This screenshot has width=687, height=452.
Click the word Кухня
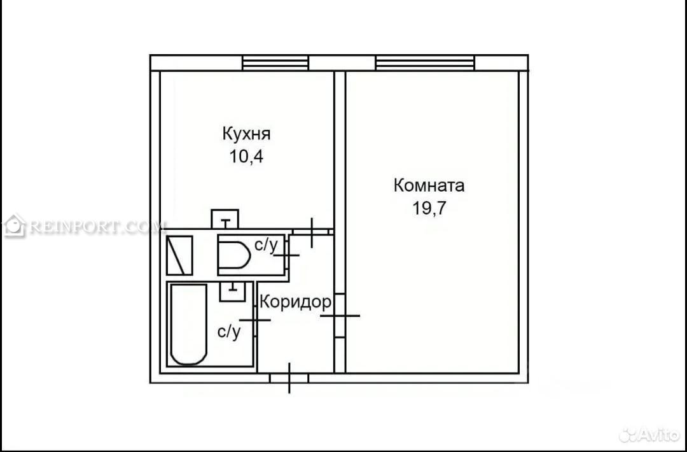246,134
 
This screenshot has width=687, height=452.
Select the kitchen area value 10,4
246,157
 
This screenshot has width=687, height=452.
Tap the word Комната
429,185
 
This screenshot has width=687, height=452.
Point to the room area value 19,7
429,208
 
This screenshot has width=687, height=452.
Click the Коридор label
295,302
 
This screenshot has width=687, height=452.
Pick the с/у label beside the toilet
266,246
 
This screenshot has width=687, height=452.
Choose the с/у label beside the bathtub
229,332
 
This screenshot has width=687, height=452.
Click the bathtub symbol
188,325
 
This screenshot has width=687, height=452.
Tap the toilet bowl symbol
235,255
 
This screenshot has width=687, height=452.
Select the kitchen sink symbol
225,219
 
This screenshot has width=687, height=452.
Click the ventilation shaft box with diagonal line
179,255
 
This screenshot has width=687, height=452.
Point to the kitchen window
276,62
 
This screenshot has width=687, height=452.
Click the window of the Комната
425,62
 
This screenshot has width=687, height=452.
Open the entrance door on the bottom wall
289,378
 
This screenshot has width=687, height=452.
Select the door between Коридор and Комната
340,315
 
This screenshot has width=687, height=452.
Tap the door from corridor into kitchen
312,232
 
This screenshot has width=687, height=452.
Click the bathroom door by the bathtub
255,320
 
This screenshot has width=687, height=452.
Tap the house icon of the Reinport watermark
15,226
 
